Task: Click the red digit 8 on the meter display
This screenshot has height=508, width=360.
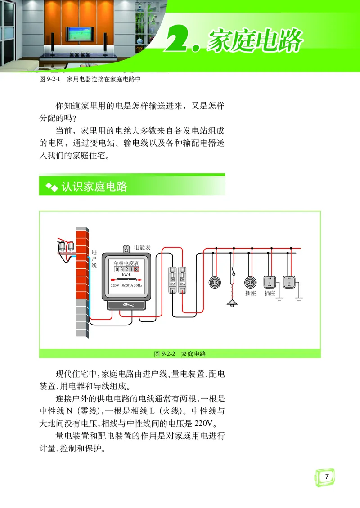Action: click(x=136, y=269)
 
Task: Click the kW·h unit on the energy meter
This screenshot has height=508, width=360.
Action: click(x=126, y=274)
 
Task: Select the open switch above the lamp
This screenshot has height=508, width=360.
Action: click(x=233, y=272)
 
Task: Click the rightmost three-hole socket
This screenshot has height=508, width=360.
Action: click(x=288, y=282)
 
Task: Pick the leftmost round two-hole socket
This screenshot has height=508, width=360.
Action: click(x=215, y=282)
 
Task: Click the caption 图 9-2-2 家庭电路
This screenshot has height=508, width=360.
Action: click(x=180, y=354)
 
